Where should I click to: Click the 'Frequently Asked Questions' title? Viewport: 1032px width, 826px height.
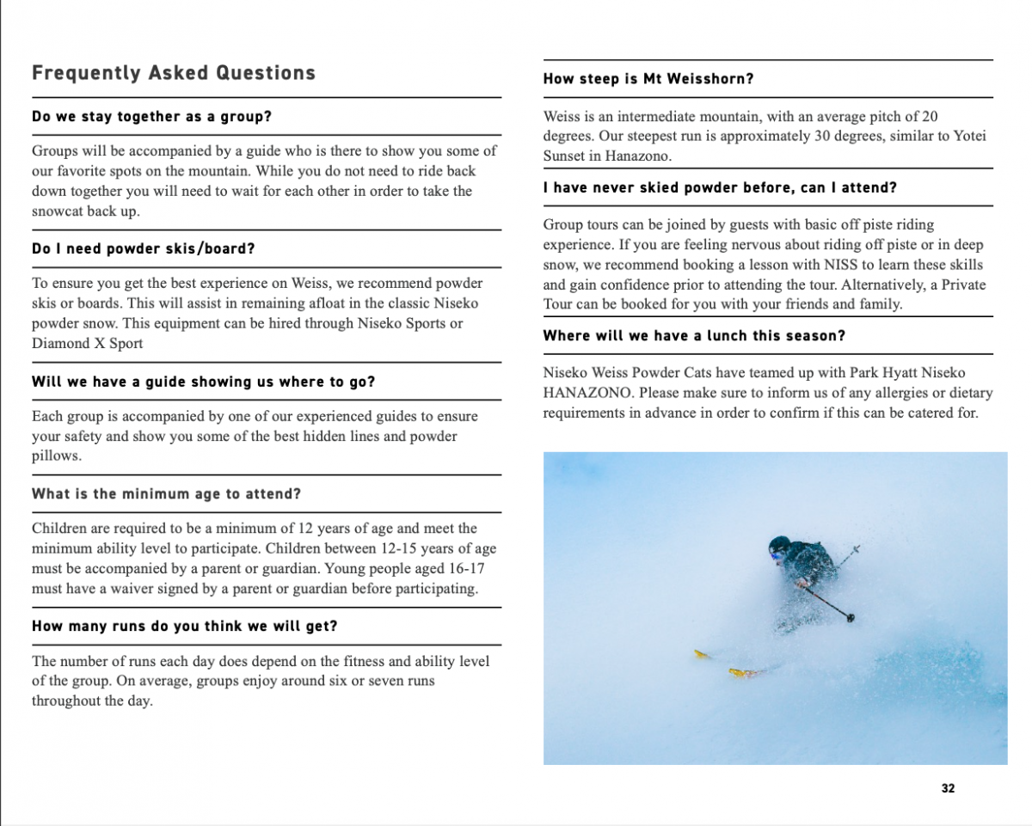(x=173, y=73)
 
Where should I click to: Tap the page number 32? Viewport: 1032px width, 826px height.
(x=949, y=788)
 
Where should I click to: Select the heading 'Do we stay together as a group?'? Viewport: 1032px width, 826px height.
(x=151, y=116)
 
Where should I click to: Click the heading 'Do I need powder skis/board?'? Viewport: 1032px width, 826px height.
(x=144, y=248)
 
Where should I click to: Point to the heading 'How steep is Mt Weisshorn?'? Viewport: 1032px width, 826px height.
(x=648, y=78)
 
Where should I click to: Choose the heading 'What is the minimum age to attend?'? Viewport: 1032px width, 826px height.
(x=166, y=493)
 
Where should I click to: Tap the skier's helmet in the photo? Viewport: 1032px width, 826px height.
(x=779, y=544)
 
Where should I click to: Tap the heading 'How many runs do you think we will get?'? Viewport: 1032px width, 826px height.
(x=184, y=626)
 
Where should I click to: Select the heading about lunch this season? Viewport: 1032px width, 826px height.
(x=694, y=335)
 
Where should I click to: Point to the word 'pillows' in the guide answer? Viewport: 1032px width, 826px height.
(x=54, y=456)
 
